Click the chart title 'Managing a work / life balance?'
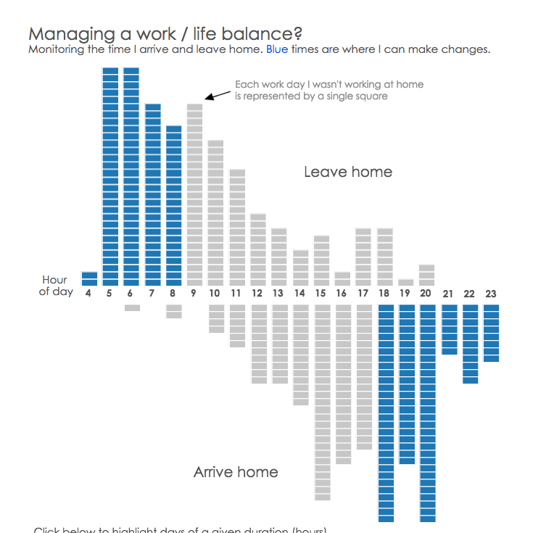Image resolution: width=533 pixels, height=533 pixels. [x=165, y=33]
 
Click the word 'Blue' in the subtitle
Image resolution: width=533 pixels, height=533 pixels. [x=277, y=49]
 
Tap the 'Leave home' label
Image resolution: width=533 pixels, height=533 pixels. [x=348, y=172]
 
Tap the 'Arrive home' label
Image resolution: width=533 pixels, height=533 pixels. [x=236, y=472]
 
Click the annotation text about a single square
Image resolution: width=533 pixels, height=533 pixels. [x=329, y=90]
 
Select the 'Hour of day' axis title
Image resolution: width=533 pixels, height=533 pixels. [x=55, y=285]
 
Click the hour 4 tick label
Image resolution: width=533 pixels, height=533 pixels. [x=88, y=294]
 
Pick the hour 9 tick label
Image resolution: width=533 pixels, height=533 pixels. [x=194, y=294]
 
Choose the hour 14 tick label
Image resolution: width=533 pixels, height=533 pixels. [x=300, y=294]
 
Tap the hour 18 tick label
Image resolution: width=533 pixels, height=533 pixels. [x=384, y=294]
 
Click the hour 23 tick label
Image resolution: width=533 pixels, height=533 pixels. [x=491, y=294]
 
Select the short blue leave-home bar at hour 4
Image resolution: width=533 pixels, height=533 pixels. [x=89, y=278]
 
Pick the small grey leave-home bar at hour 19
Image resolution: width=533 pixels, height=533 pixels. [x=406, y=282]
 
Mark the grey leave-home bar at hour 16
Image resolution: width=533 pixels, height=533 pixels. [x=342, y=278]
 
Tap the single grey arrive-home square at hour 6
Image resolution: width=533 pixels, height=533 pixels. [x=131, y=307]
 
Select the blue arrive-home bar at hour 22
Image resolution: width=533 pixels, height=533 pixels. [x=470, y=343]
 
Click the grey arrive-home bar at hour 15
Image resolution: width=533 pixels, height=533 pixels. [x=321, y=402]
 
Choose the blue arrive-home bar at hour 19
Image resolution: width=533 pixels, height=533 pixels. [x=406, y=384]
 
